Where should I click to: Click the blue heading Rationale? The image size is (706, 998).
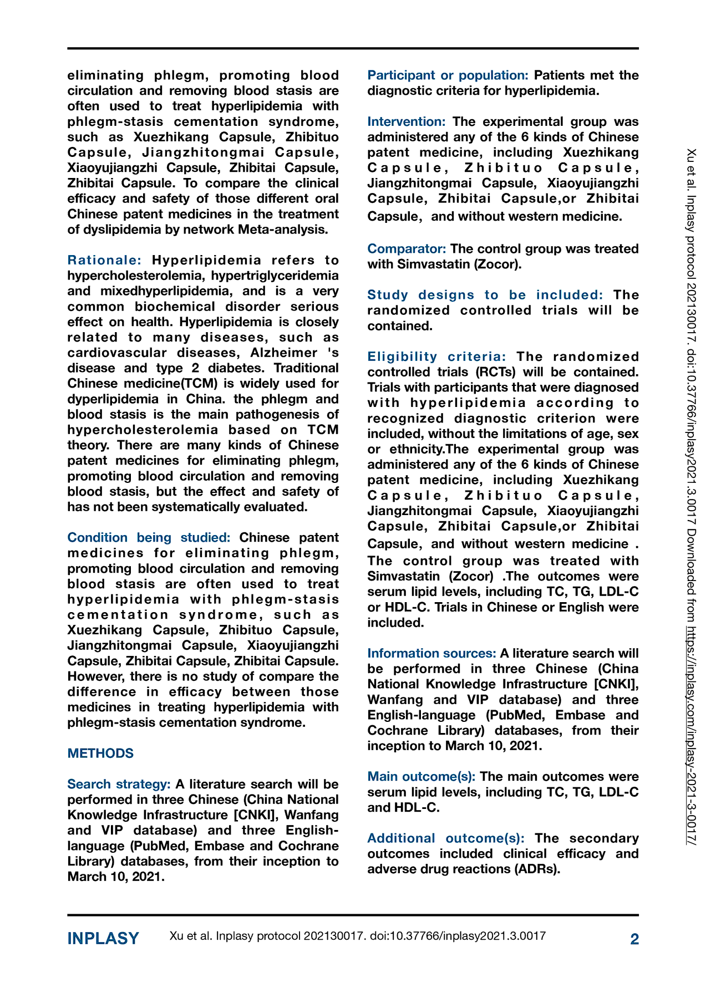pyautogui.click(x=104, y=260)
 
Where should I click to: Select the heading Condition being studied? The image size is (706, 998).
pyautogui.click(x=149, y=537)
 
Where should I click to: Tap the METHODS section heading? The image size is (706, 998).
pyautogui.click(x=100, y=753)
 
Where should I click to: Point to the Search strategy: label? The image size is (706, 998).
pyautogui.click(x=119, y=784)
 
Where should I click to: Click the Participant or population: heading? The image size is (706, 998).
pyautogui.click(x=448, y=75)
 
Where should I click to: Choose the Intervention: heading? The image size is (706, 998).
pyautogui.click(x=407, y=121)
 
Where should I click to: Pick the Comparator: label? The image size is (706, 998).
pyautogui.click(x=407, y=249)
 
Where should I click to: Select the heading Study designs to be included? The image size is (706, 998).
pyautogui.click(x=485, y=295)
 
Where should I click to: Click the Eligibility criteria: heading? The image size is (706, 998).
pyautogui.click(x=436, y=357)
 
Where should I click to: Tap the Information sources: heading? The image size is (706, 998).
pyautogui.click(x=431, y=653)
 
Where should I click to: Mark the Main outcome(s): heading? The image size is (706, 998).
pyautogui.click(x=421, y=776)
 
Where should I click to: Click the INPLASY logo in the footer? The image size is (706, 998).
pyautogui.click(x=103, y=939)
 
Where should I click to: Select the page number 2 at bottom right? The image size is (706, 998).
pyautogui.click(x=634, y=939)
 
